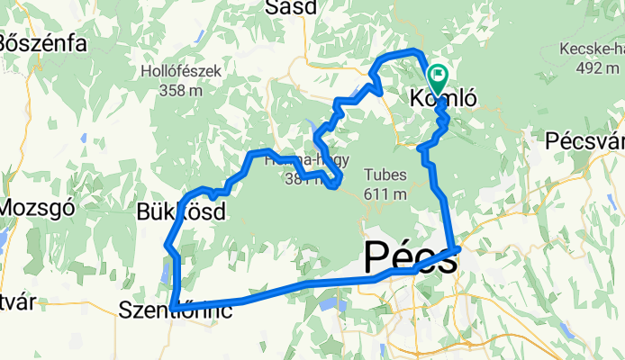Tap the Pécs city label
[409, 256]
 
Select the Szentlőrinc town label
[177, 311]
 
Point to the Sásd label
[292, 8]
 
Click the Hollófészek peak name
[177, 70]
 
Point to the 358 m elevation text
[177, 90]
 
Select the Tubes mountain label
[386, 175]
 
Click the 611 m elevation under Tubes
[386, 193]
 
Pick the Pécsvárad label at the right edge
[585, 141]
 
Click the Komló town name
[442, 99]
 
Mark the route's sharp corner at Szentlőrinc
[172, 309]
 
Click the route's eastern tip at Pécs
[458, 248]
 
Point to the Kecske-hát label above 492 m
[592, 48]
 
